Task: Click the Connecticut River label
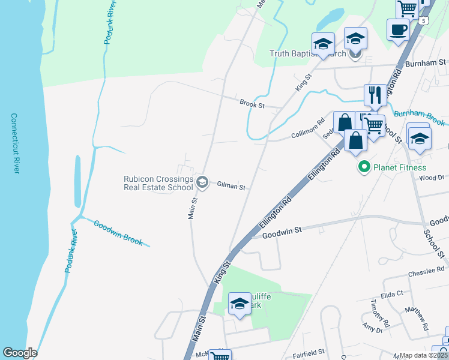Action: click(x=16, y=143)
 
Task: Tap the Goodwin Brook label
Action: click(x=118, y=233)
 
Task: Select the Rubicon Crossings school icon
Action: click(x=202, y=182)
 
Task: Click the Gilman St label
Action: click(x=231, y=187)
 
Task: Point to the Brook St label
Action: click(x=252, y=104)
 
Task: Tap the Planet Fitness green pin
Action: click(x=363, y=167)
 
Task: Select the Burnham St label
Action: click(x=425, y=62)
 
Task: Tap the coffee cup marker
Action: click(x=397, y=29)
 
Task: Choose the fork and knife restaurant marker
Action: click(x=375, y=95)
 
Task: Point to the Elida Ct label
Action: click(x=391, y=294)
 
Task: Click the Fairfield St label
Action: click(x=309, y=353)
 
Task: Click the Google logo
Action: click(x=19, y=353)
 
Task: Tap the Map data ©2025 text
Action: click(x=423, y=355)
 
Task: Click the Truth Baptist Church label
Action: click(x=308, y=53)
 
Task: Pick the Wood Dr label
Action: click(x=432, y=178)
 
